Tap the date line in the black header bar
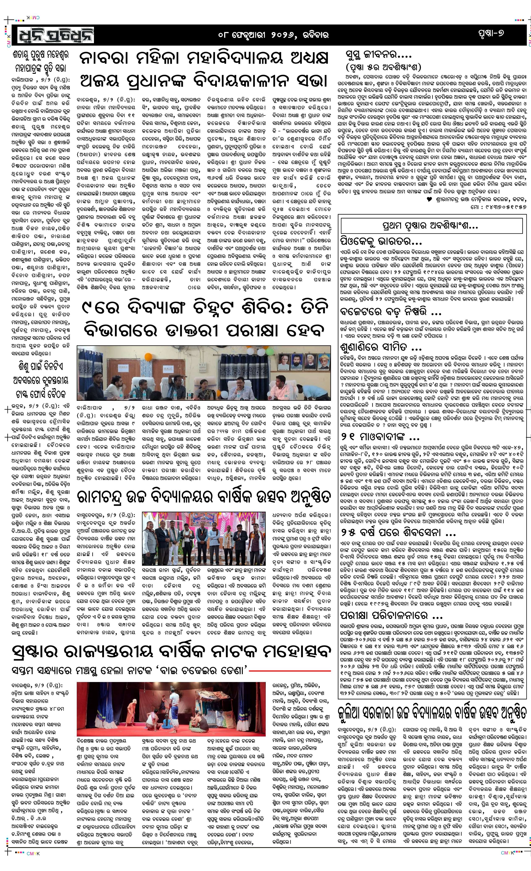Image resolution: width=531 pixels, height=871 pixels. pyautogui.click(x=273, y=35)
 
